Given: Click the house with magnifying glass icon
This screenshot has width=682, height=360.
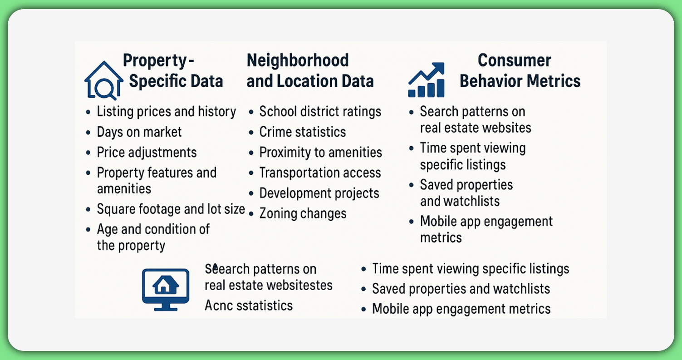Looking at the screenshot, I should pyautogui.click(x=104, y=80).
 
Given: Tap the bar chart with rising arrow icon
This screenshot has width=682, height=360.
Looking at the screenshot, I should pyautogui.click(x=425, y=80).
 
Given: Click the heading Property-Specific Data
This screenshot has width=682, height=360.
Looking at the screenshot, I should pyautogui.click(x=172, y=71).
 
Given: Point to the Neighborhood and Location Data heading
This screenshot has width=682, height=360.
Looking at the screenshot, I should pyautogui.click(x=310, y=71).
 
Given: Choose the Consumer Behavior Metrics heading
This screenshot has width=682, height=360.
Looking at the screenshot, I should pyautogui.click(x=520, y=71).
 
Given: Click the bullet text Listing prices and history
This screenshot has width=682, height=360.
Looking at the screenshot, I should pyautogui.click(x=167, y=112).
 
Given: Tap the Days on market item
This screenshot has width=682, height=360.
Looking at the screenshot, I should pyautogui.click(x=139, y=132).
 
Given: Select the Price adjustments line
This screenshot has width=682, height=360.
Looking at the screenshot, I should pyautogui.click(x=147, y=152).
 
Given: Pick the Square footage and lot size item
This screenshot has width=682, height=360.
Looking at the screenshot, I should pyautogui.click(x=171, y=209).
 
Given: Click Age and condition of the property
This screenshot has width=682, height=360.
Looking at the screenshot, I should pyautogui.click(x=153, y=237).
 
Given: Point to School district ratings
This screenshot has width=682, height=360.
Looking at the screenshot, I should pyautogui.click(x=320, y=112).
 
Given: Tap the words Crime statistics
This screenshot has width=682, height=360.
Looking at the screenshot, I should pyautogui.click(x=303, y=132).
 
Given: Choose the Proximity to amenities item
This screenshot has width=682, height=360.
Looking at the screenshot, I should pyautogui.click(x=321, y=153).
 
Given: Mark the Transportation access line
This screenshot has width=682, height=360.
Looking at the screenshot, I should pyautogui.click(x=320, y=173).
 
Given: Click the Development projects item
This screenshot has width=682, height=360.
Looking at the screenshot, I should pyautogui.click(x=319, y=193).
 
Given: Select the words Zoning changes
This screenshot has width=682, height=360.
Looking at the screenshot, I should pyautogui.click(x=303, y=213).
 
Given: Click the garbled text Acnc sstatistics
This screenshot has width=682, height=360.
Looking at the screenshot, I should pyautogui.click(x=249, y=306).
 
